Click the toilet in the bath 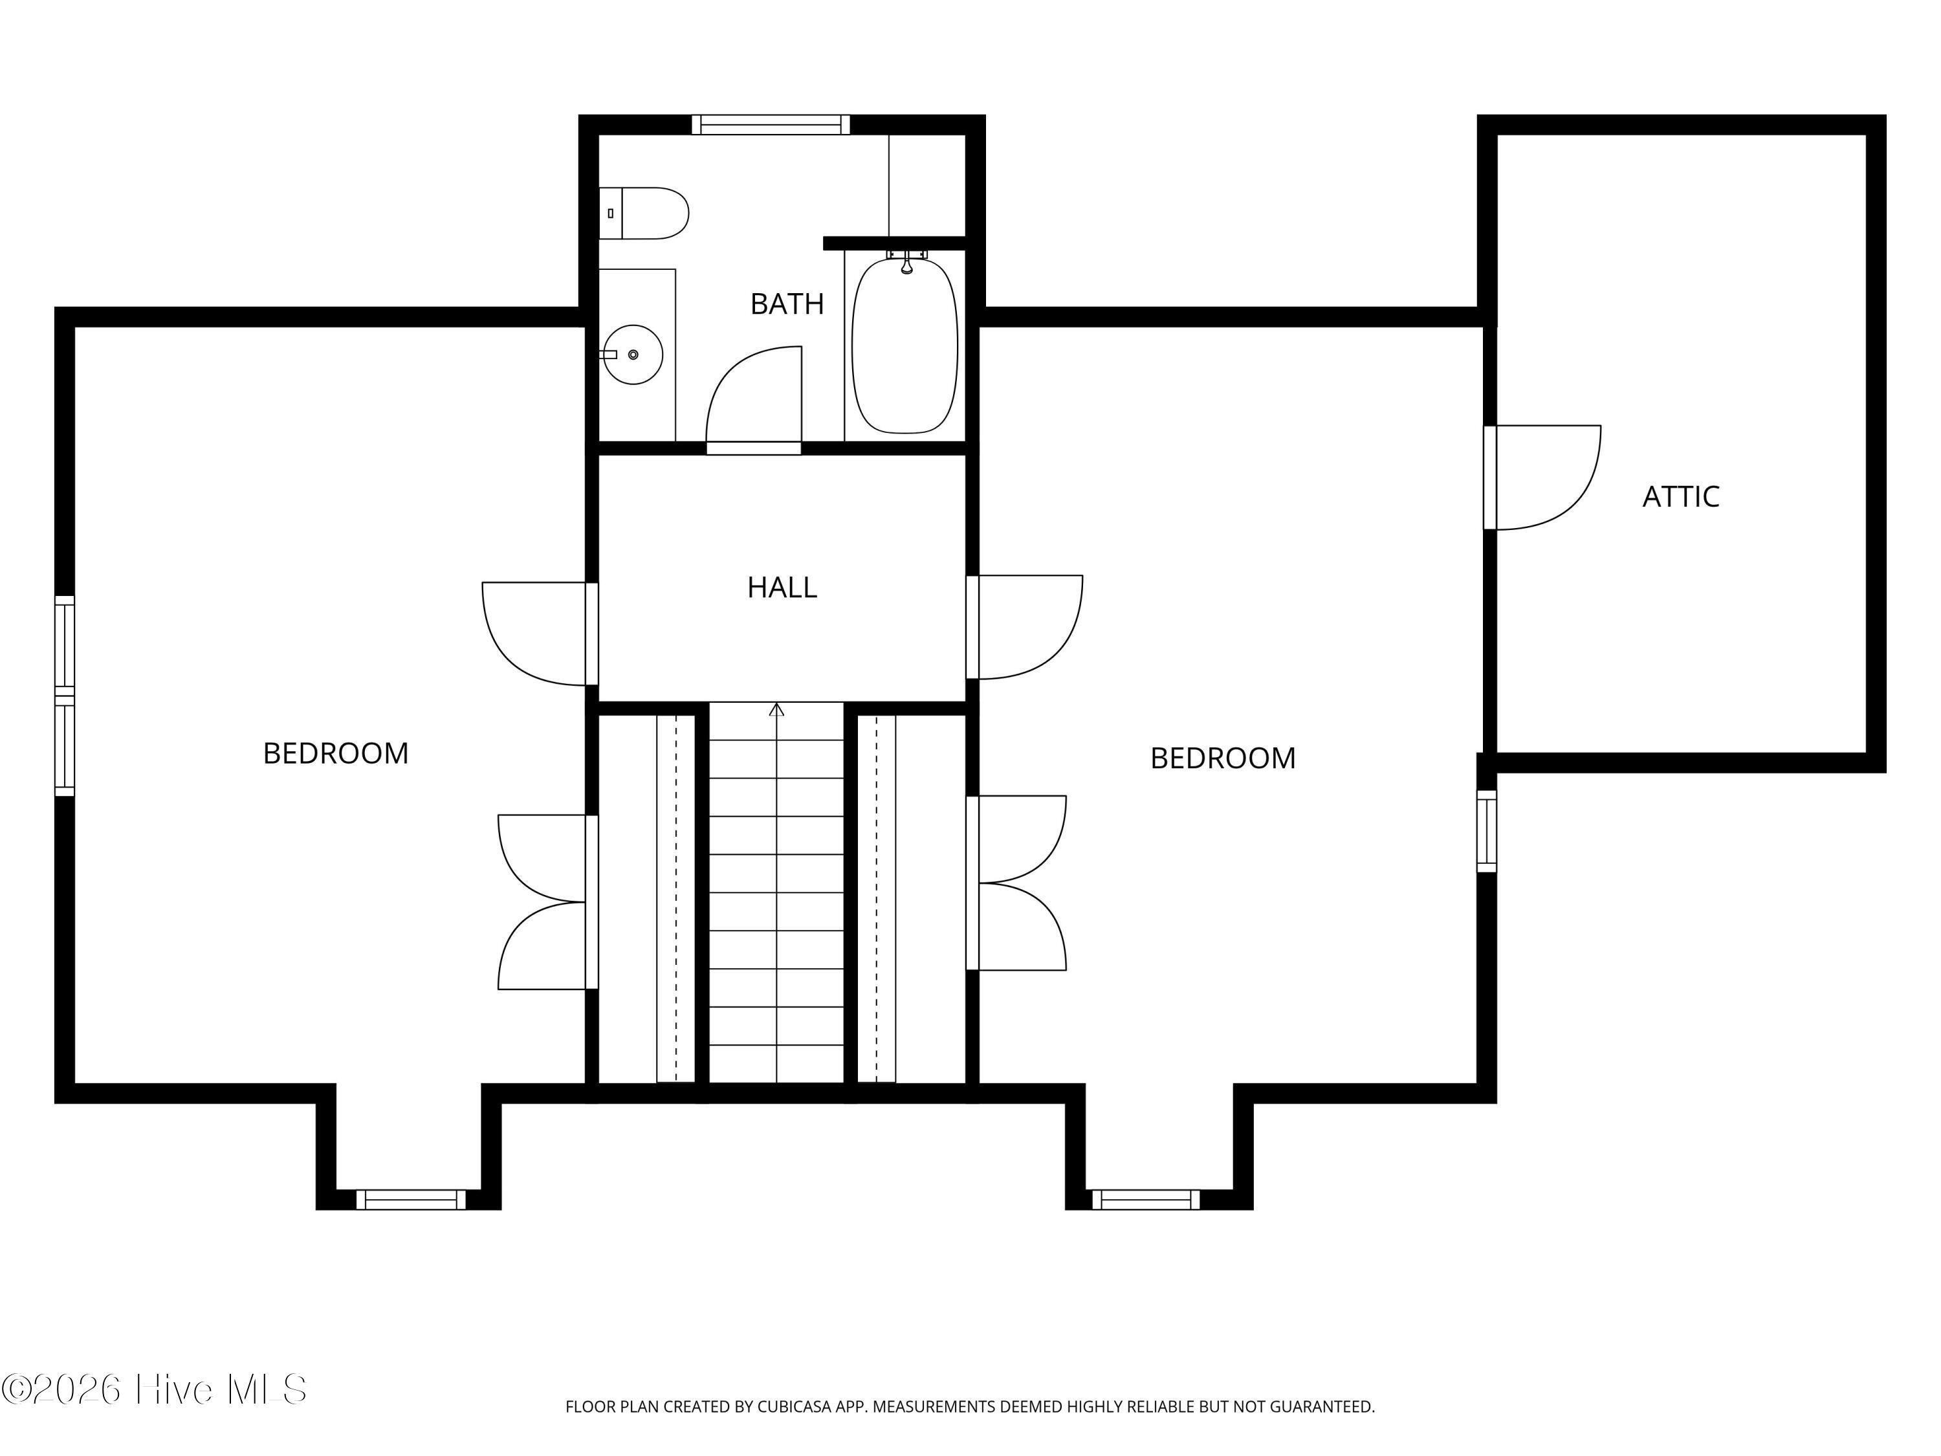coord(644,214)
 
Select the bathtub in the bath coord(905,346)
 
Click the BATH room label coord(787,303)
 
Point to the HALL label coord(782,587)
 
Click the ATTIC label coord(1680,497)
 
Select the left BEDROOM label coord(336,753)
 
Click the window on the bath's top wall coord(771,125)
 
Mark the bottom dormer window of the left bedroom coord(411,1200)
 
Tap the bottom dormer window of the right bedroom coord(1145,1200)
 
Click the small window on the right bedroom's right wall coord(1486,831)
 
